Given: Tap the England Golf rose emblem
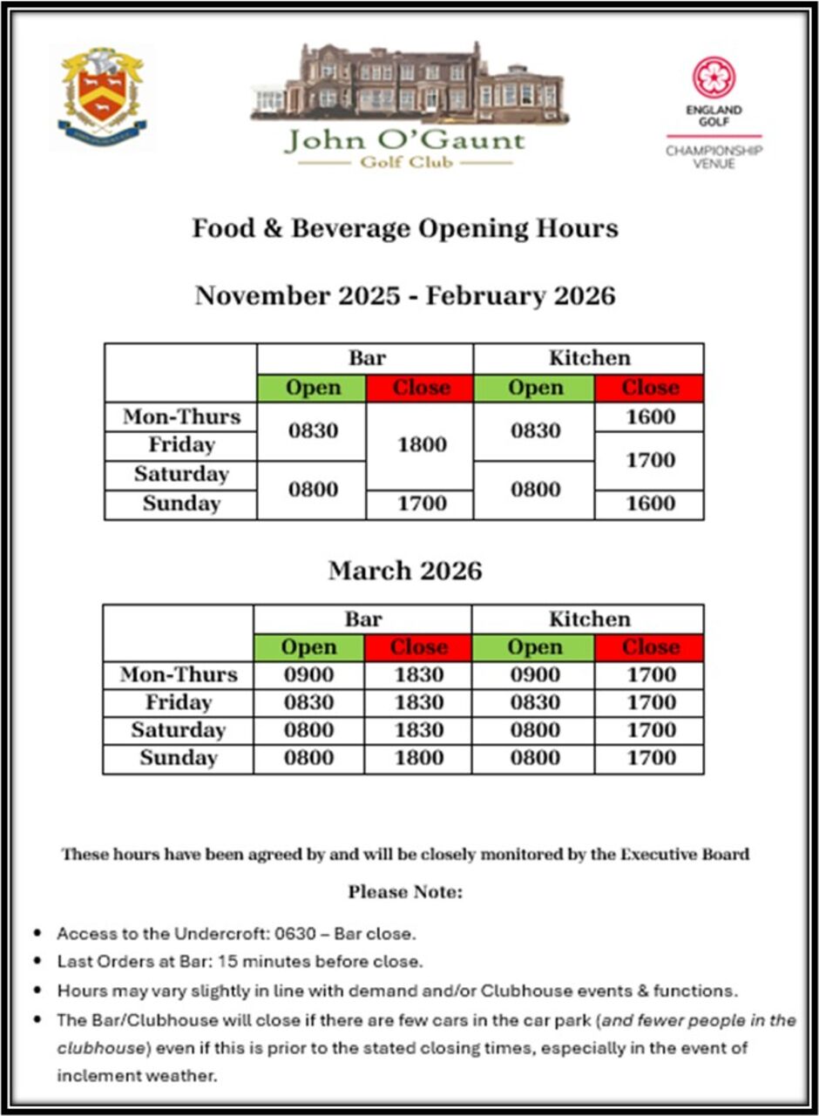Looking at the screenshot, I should point(714,78).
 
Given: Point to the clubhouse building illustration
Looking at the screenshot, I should point(407,84).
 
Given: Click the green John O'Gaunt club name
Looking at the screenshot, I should point(405,140).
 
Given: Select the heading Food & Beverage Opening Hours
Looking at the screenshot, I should point(405,228).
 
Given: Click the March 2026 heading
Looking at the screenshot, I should point(405,571).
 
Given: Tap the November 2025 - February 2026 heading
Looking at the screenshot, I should point(405,295).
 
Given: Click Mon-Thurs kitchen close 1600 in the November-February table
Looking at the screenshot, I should point(650,417).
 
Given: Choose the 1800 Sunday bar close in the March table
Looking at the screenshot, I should point(418,758).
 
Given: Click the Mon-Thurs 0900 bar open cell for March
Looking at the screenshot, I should point(309,675).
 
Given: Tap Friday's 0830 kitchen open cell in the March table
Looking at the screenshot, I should point(534,702).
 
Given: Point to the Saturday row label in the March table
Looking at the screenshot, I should point(179,730).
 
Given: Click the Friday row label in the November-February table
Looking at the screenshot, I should point(181,445).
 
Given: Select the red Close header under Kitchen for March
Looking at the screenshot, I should point(650,647).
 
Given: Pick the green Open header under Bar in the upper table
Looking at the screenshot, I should point(313,389).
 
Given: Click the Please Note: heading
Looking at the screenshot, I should point(405,892).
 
